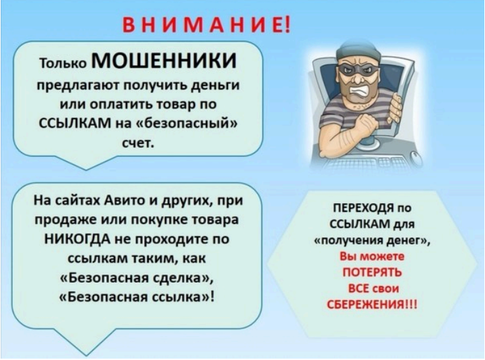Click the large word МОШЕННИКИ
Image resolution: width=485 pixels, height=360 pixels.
(x=164, y=61)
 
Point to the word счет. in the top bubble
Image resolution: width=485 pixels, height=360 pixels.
(x=138, y=143)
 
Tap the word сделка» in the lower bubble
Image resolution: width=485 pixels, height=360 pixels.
(x=184, y=278)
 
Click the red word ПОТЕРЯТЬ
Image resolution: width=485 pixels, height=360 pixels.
(x=372, y=272)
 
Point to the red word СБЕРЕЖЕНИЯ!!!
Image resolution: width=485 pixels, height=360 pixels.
(x=372, y=304)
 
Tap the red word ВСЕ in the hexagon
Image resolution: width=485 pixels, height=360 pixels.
(x=359, y=288)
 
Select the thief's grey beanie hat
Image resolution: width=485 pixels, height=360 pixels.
(x=358, y=52)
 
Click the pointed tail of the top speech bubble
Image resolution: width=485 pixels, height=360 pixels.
(x=86, y=170)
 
